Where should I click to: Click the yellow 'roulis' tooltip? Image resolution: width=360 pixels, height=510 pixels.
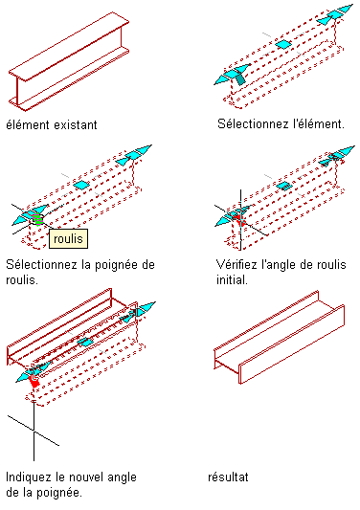(68, 239)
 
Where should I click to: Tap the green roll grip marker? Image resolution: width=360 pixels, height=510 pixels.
(37, 219)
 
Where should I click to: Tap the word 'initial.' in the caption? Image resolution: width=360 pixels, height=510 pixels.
(232, 279)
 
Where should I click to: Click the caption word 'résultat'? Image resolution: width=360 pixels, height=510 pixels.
(228, 477)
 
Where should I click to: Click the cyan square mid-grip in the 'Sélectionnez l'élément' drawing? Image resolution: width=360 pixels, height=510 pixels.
(283, 44)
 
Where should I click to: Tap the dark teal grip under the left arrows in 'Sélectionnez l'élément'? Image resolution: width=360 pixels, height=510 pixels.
(240, 79)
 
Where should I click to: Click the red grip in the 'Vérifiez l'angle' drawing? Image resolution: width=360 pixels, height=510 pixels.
(240, 219)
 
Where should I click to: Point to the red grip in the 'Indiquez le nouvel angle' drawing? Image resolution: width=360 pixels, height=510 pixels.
(34, 380)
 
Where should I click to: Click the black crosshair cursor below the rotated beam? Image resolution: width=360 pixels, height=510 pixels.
(34, 431)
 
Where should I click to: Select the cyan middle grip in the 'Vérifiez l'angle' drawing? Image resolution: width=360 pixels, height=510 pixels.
(284, 186)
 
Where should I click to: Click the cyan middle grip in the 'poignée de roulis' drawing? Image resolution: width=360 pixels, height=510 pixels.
(81, 186)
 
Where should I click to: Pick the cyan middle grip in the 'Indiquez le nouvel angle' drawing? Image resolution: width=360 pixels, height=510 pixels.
(85, 343)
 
